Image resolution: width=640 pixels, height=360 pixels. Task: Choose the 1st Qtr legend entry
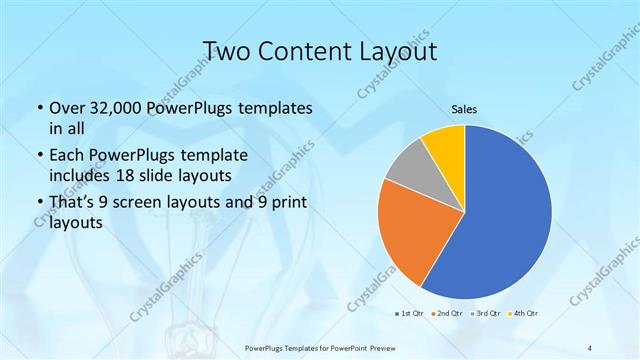click(x=410, y=314)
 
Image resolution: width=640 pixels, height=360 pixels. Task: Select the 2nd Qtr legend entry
click(x=448, y=314)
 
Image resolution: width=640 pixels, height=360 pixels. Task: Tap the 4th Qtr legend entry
click(x=524, y=314)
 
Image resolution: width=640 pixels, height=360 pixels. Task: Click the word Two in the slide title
click(x=228, y=50)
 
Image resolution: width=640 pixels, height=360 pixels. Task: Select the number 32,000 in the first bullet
click(x=115, y=108)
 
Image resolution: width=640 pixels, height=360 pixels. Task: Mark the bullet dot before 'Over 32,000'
click(x=39, y=108)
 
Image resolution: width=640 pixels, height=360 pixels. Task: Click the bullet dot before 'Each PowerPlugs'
click(x=39, y=157)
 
